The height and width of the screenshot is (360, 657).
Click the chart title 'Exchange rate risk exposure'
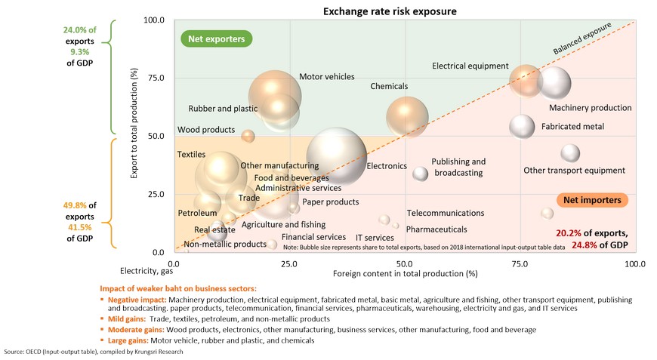coord(390,11)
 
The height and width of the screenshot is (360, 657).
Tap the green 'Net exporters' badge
coord(216,38)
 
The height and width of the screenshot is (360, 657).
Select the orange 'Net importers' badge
coord(593,200)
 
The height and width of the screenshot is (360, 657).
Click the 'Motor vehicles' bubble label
coord(326,77)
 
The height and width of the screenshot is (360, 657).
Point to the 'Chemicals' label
coord(389,87)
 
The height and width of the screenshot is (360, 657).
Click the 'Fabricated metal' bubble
coord(522,127)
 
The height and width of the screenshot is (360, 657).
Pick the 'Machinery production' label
coord(590,108)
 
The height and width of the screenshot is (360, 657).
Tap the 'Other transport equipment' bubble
coord(571,152)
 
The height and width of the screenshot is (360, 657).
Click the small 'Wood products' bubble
coord(248,136)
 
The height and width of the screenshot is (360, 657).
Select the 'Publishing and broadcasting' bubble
coord(421,174)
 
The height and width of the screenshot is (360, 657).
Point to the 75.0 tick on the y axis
coord(155,78)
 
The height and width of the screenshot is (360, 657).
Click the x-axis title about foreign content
coord(405,273)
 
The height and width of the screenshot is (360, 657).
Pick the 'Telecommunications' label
coord(445,214)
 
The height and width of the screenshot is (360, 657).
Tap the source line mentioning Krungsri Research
coord(94,352)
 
